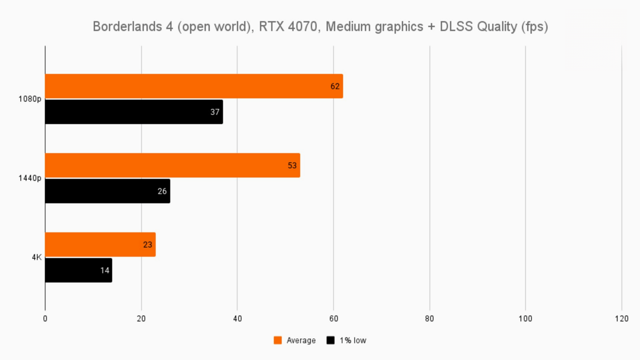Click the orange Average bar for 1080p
click(x=193, y=86)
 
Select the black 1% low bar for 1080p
click(x=133, y=112)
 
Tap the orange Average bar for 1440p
click(x=172, y=165)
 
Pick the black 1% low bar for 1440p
click(x=107, y=191)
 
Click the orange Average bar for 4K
click(x=100, y=244)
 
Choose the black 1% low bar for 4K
click(x=78, y=270)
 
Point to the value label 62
click(x=335, y=86)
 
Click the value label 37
click(x=215, y=112)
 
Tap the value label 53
click(x=292, y=166)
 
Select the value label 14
click(x=105, y=270)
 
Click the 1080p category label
click(x=30, y=99)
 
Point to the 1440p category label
click(x=30, y=178)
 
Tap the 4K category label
click(x=37, y=257)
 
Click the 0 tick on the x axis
click(x=45, y=319)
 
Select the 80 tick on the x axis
click(x=429, y=319)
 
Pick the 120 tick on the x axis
click(x=621, y=319)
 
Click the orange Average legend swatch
click(x=278, y=340)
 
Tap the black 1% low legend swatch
click(x=330, y=340)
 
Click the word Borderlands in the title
click(x=128, y=27)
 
